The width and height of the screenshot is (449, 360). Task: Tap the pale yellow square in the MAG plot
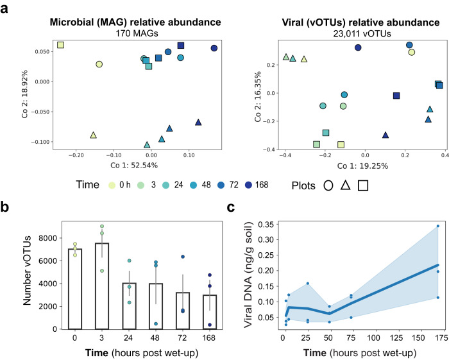(60, 45)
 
